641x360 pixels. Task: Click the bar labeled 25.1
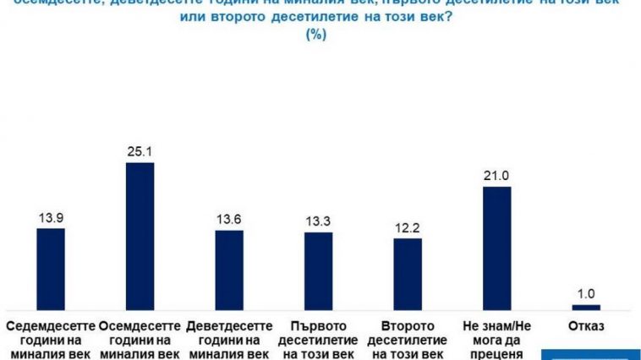point(140,236)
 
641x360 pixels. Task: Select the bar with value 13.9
point(51,269)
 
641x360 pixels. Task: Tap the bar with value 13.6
point(229,270)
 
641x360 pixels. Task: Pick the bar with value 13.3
point(318,270)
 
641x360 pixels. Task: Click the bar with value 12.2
point(408,274)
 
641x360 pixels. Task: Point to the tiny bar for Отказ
point(585,307)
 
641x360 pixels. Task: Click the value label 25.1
point(140,153)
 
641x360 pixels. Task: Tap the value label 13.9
point(51,218)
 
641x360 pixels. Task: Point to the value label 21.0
point(496,177)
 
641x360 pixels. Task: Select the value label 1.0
point(585,294)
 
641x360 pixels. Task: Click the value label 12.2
point(408,228)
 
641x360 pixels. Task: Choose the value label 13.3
point(318,222)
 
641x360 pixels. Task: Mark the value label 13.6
point(229,220)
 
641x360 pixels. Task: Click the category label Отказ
point(585,325)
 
